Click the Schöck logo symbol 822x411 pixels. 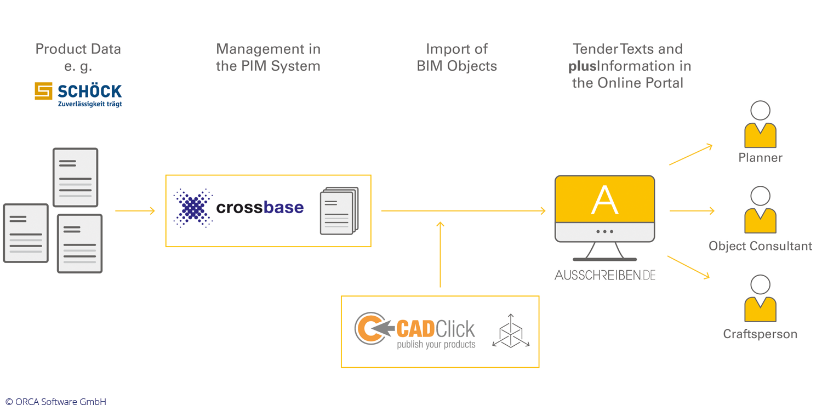43,91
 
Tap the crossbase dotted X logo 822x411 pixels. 193,208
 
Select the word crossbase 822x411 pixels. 260,208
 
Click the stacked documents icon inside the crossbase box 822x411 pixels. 339,211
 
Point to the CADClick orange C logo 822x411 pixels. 367,328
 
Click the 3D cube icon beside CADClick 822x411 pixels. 511,331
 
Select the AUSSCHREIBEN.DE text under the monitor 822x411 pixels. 604,275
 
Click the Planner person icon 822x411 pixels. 760,125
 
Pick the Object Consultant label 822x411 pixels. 760,246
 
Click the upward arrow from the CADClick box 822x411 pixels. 440,254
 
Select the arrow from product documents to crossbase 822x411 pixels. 135,211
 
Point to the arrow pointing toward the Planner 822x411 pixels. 690,155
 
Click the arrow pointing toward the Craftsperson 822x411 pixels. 688,267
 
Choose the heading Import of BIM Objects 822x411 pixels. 456,58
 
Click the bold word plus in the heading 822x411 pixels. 582,66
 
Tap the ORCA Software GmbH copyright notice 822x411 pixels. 56,402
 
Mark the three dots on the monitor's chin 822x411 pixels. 604,231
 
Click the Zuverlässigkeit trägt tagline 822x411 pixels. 90,104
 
